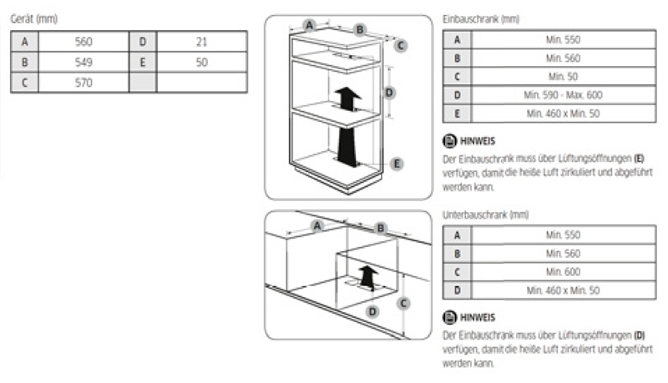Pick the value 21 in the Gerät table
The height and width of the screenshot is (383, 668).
pos(201,41)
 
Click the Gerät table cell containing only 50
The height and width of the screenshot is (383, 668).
pos(201,62)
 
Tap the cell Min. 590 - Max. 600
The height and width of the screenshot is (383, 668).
pos(563,94)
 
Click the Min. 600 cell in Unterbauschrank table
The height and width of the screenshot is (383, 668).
pos(563,272)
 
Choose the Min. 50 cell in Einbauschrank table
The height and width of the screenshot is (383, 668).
pos(563,76)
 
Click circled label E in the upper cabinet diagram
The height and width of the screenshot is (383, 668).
pos(397,163)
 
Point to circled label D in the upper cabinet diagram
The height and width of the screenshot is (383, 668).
pos(390,92)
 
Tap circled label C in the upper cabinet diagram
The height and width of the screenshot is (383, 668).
pos(401,45)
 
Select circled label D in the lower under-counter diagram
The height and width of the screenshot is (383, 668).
pos(372,311)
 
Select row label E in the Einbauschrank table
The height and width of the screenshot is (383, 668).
pos(457,113)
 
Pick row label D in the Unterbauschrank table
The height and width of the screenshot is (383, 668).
pos(457,290)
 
